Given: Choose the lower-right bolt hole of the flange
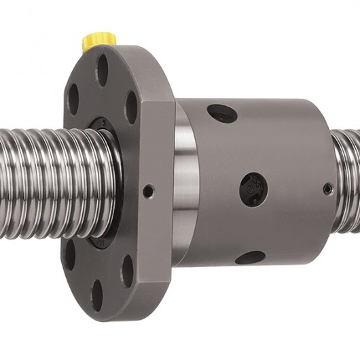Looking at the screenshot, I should click(127, 270).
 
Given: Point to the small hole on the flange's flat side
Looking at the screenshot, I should click(147, 192).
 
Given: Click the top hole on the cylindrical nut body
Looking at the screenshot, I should click(222, 113).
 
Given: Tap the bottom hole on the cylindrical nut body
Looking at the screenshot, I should click(250, 257).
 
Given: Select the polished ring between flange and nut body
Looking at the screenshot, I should click(185, 183).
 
